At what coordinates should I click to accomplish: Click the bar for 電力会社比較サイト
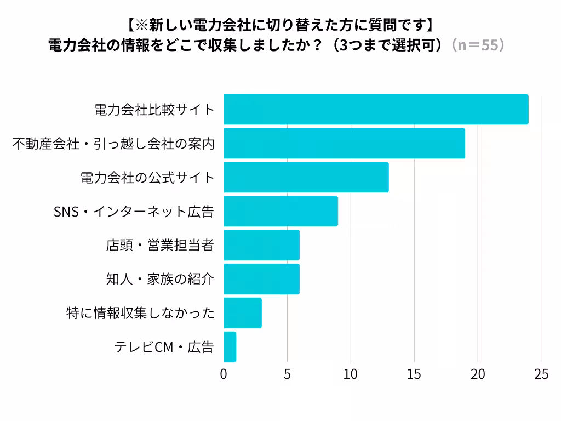click(376, 110)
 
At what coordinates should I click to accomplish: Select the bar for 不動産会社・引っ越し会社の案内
click(344, 144)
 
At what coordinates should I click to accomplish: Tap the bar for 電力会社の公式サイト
click(306, 178)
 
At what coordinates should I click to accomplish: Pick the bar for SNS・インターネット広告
click(280, 212)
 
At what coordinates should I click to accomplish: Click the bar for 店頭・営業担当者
click(261, 246)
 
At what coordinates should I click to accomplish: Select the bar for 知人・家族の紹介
click(261, 280)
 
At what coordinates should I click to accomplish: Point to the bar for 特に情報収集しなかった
click(242, 313)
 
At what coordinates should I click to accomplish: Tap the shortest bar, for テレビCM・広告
click(230, 347)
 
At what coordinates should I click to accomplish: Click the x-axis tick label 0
click(224, 374)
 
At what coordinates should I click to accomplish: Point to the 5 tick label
click(287, 374)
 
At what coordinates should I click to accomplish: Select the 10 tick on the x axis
click(351, 374)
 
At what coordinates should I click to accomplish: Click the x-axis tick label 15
click(414, 374)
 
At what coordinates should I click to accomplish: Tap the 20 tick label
click(478, 374)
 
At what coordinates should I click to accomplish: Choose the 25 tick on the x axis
click(541, 374)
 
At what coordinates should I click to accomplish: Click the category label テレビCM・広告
click(164, 347)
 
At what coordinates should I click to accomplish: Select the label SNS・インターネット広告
click(133, 212)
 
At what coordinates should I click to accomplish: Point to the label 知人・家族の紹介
click(159, 280)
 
